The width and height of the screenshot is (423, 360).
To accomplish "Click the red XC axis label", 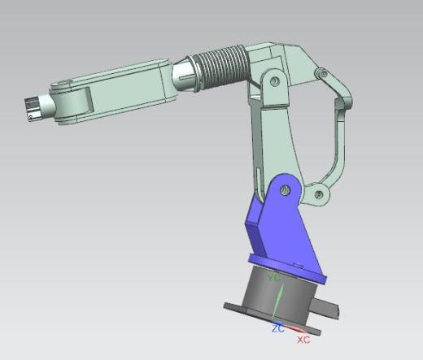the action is [x=303, y=340].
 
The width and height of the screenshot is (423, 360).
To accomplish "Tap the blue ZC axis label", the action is [x=278, y=328].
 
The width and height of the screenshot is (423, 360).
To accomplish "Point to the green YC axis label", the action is [x=273, y=278].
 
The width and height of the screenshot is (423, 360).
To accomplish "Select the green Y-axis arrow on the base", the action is [x=277, y=301].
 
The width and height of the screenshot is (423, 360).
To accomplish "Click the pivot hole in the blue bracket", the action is [x=285, y=190].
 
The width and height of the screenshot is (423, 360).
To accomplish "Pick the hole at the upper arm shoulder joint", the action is [x=275, y=80].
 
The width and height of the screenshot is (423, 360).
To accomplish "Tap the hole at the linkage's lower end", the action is [x=319, y=194].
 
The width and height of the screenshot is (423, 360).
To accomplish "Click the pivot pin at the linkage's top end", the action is [x=322, y=73].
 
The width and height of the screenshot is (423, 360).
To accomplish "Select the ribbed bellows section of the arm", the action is [x=222, y=67].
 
